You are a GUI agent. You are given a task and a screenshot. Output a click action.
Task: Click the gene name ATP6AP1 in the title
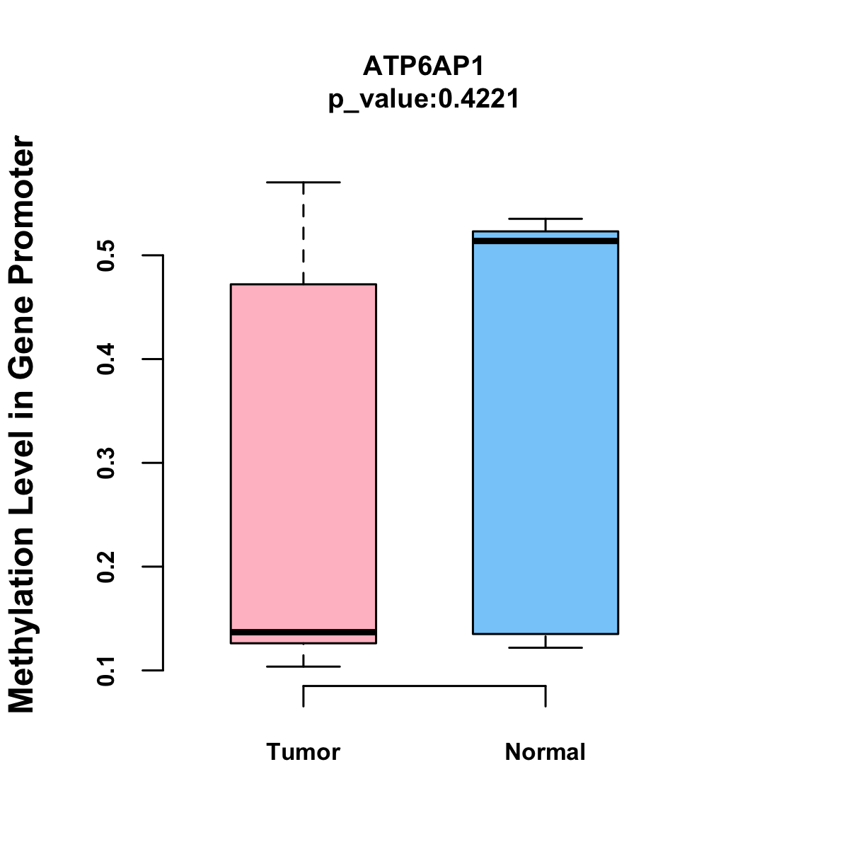[424, 67]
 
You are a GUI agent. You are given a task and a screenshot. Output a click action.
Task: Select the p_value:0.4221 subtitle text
[424, 99]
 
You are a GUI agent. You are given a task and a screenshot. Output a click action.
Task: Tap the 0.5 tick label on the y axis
[106, 255]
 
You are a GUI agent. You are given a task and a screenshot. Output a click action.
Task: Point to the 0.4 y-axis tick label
[106, 359]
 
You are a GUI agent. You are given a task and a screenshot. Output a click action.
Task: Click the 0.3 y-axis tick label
[106, 463]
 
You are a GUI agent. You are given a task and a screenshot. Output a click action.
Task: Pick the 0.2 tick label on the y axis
[106, 567]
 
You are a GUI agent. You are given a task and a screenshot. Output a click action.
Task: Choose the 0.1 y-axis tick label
[106, 670]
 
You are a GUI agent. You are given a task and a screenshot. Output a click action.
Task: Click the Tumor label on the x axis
[303, 751]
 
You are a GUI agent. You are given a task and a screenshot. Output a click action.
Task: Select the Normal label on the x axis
[545, 751]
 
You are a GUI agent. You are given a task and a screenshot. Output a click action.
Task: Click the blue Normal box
[545, 439]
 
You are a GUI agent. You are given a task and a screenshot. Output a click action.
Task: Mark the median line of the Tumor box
[303, 632]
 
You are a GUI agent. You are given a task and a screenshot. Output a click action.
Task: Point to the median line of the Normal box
[545, 241]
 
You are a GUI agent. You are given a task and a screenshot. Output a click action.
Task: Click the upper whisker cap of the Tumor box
[303, 183]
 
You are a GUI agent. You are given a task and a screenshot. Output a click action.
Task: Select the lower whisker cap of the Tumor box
[303, 666]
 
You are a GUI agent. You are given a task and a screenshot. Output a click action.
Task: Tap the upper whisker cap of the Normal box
[545, 219]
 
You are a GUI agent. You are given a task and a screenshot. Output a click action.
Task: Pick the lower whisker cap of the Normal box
[545, 647]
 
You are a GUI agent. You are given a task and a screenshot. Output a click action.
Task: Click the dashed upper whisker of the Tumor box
[304, 233]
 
